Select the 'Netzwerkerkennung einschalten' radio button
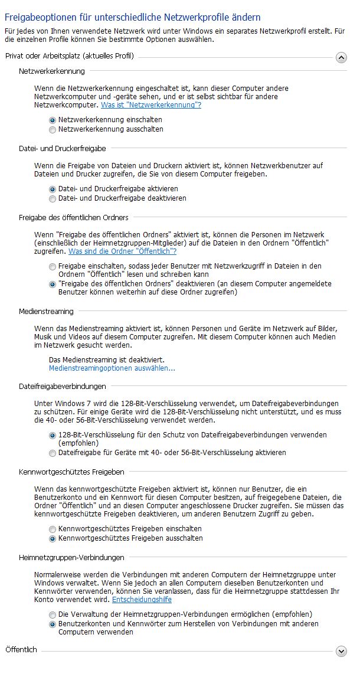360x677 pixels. click(x=53, y=120)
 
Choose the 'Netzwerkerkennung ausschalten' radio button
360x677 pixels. click(x=53, y=129)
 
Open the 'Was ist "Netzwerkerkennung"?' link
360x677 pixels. click(x=151, y=105)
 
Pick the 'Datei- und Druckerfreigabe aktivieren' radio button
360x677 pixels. click(x=53, y=189)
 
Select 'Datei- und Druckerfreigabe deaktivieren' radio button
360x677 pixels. click(x=53, y=198)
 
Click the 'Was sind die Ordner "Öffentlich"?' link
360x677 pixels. click(x=123, y=251)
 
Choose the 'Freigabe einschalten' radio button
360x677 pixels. click(x=53, y=267)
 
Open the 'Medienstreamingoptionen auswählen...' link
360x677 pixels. click(x=112, y=368)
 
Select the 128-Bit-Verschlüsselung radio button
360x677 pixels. click(x=53, y=435)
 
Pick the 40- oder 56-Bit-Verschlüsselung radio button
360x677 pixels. click(x=53, y=453)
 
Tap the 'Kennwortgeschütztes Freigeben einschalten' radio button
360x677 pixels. click(x=53, y=529)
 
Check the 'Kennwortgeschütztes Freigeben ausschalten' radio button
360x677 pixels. click(x=53, y=538)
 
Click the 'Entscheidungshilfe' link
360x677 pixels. click(x=142, y=600)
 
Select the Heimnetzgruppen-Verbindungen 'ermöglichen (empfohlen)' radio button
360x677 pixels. click(x=53, y=614)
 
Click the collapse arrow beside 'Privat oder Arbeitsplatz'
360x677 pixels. click(x=341, y=57)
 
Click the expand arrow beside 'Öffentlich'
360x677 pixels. click(x=341, y=651)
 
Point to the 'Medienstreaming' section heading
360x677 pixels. click(x=46, y=311)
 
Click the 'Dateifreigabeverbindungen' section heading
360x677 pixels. click(x=62, y=387)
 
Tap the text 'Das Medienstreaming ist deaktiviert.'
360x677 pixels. click(x=106, y=359)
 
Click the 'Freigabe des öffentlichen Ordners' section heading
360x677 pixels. click(x=73, y=218)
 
